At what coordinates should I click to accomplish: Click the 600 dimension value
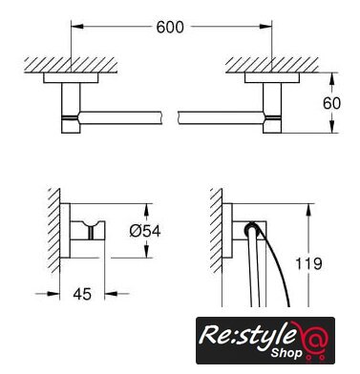(170, 27)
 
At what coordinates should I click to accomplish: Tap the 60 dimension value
(331, 103)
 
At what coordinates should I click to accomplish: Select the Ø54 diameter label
(145, 231)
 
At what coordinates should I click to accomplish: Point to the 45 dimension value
(82, 294)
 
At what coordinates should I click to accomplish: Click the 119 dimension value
(308, 263)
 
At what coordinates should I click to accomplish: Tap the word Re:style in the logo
(244, 336)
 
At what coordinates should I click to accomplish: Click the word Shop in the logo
(286, 353)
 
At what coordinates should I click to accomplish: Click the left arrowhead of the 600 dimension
(77, 27)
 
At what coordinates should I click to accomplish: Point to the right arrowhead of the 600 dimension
(265, 27)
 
